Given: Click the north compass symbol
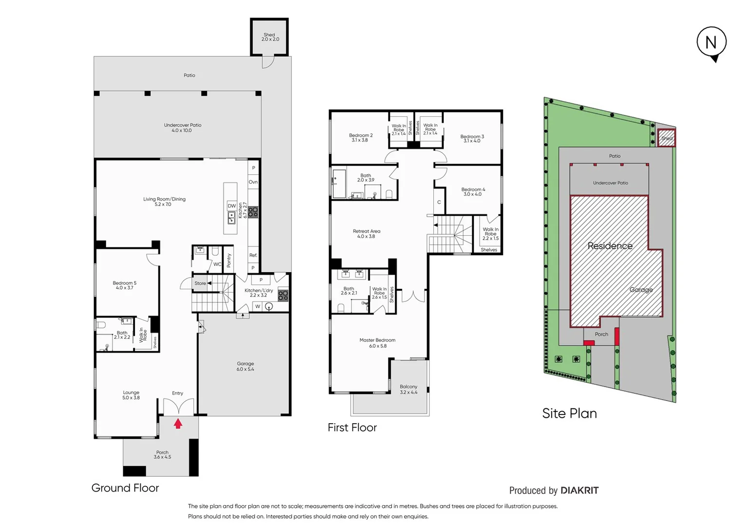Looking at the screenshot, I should pos(711,43).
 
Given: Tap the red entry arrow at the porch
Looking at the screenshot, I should pos(178,424).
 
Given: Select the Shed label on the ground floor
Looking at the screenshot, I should pos(270,37).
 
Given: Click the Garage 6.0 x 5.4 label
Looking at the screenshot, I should pos(245,366).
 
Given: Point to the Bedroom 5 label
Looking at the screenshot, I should pos(125,285).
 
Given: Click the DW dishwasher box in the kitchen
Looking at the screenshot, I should pos(232,206).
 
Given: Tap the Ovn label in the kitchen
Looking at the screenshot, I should pos(253,182).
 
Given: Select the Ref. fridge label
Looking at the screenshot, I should pos(253,255).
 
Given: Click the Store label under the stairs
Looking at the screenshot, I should pos(200,283).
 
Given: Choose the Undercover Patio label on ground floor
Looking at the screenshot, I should pos(183,128).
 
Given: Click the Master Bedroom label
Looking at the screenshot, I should pos(377,343).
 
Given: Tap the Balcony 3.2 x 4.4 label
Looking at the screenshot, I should pos(409,389).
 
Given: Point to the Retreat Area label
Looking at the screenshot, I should pos(367,234).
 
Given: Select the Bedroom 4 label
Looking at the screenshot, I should pos(473,192).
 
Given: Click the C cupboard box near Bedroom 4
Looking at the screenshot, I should pos(439,202).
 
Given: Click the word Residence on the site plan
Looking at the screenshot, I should pos(610,246).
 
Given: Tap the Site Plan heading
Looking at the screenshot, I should pos(569,413).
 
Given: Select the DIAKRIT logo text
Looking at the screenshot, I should pos(579,490).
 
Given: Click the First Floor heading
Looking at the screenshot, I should pos(352,428).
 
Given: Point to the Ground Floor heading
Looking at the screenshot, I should pos(125,488).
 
